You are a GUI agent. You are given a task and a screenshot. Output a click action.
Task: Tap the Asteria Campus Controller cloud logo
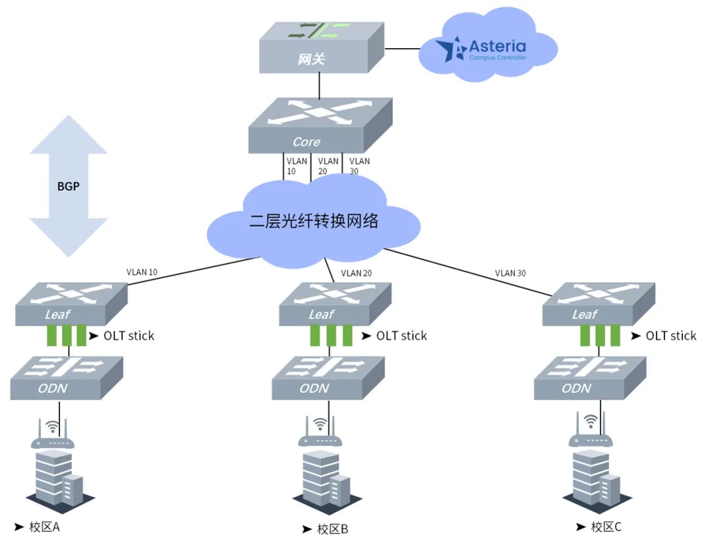[x=488, y=50]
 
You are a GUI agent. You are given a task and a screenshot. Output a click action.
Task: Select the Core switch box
[x=320, y=126]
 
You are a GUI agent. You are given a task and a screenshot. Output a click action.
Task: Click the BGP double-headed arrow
[x=68, y=186]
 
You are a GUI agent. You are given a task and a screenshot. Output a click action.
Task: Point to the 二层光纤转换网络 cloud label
[x=314, y=221]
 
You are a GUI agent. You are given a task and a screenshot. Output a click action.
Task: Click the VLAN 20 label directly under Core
[x=328, y=166]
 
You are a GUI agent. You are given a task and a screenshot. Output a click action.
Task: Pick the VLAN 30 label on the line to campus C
[x=510, y=273]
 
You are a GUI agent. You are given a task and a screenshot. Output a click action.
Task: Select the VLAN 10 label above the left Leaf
[x=142, y=271]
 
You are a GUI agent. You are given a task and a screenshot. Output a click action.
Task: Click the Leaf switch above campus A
[x=71, y=304]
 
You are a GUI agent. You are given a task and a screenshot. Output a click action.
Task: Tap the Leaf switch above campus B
[x=333, y=304]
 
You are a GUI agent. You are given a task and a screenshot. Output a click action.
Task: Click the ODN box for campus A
[x=67, y=378]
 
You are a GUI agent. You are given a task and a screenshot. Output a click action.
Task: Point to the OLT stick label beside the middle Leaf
[x=401, y=336]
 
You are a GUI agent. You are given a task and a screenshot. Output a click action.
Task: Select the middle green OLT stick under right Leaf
[x=600, y=336]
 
